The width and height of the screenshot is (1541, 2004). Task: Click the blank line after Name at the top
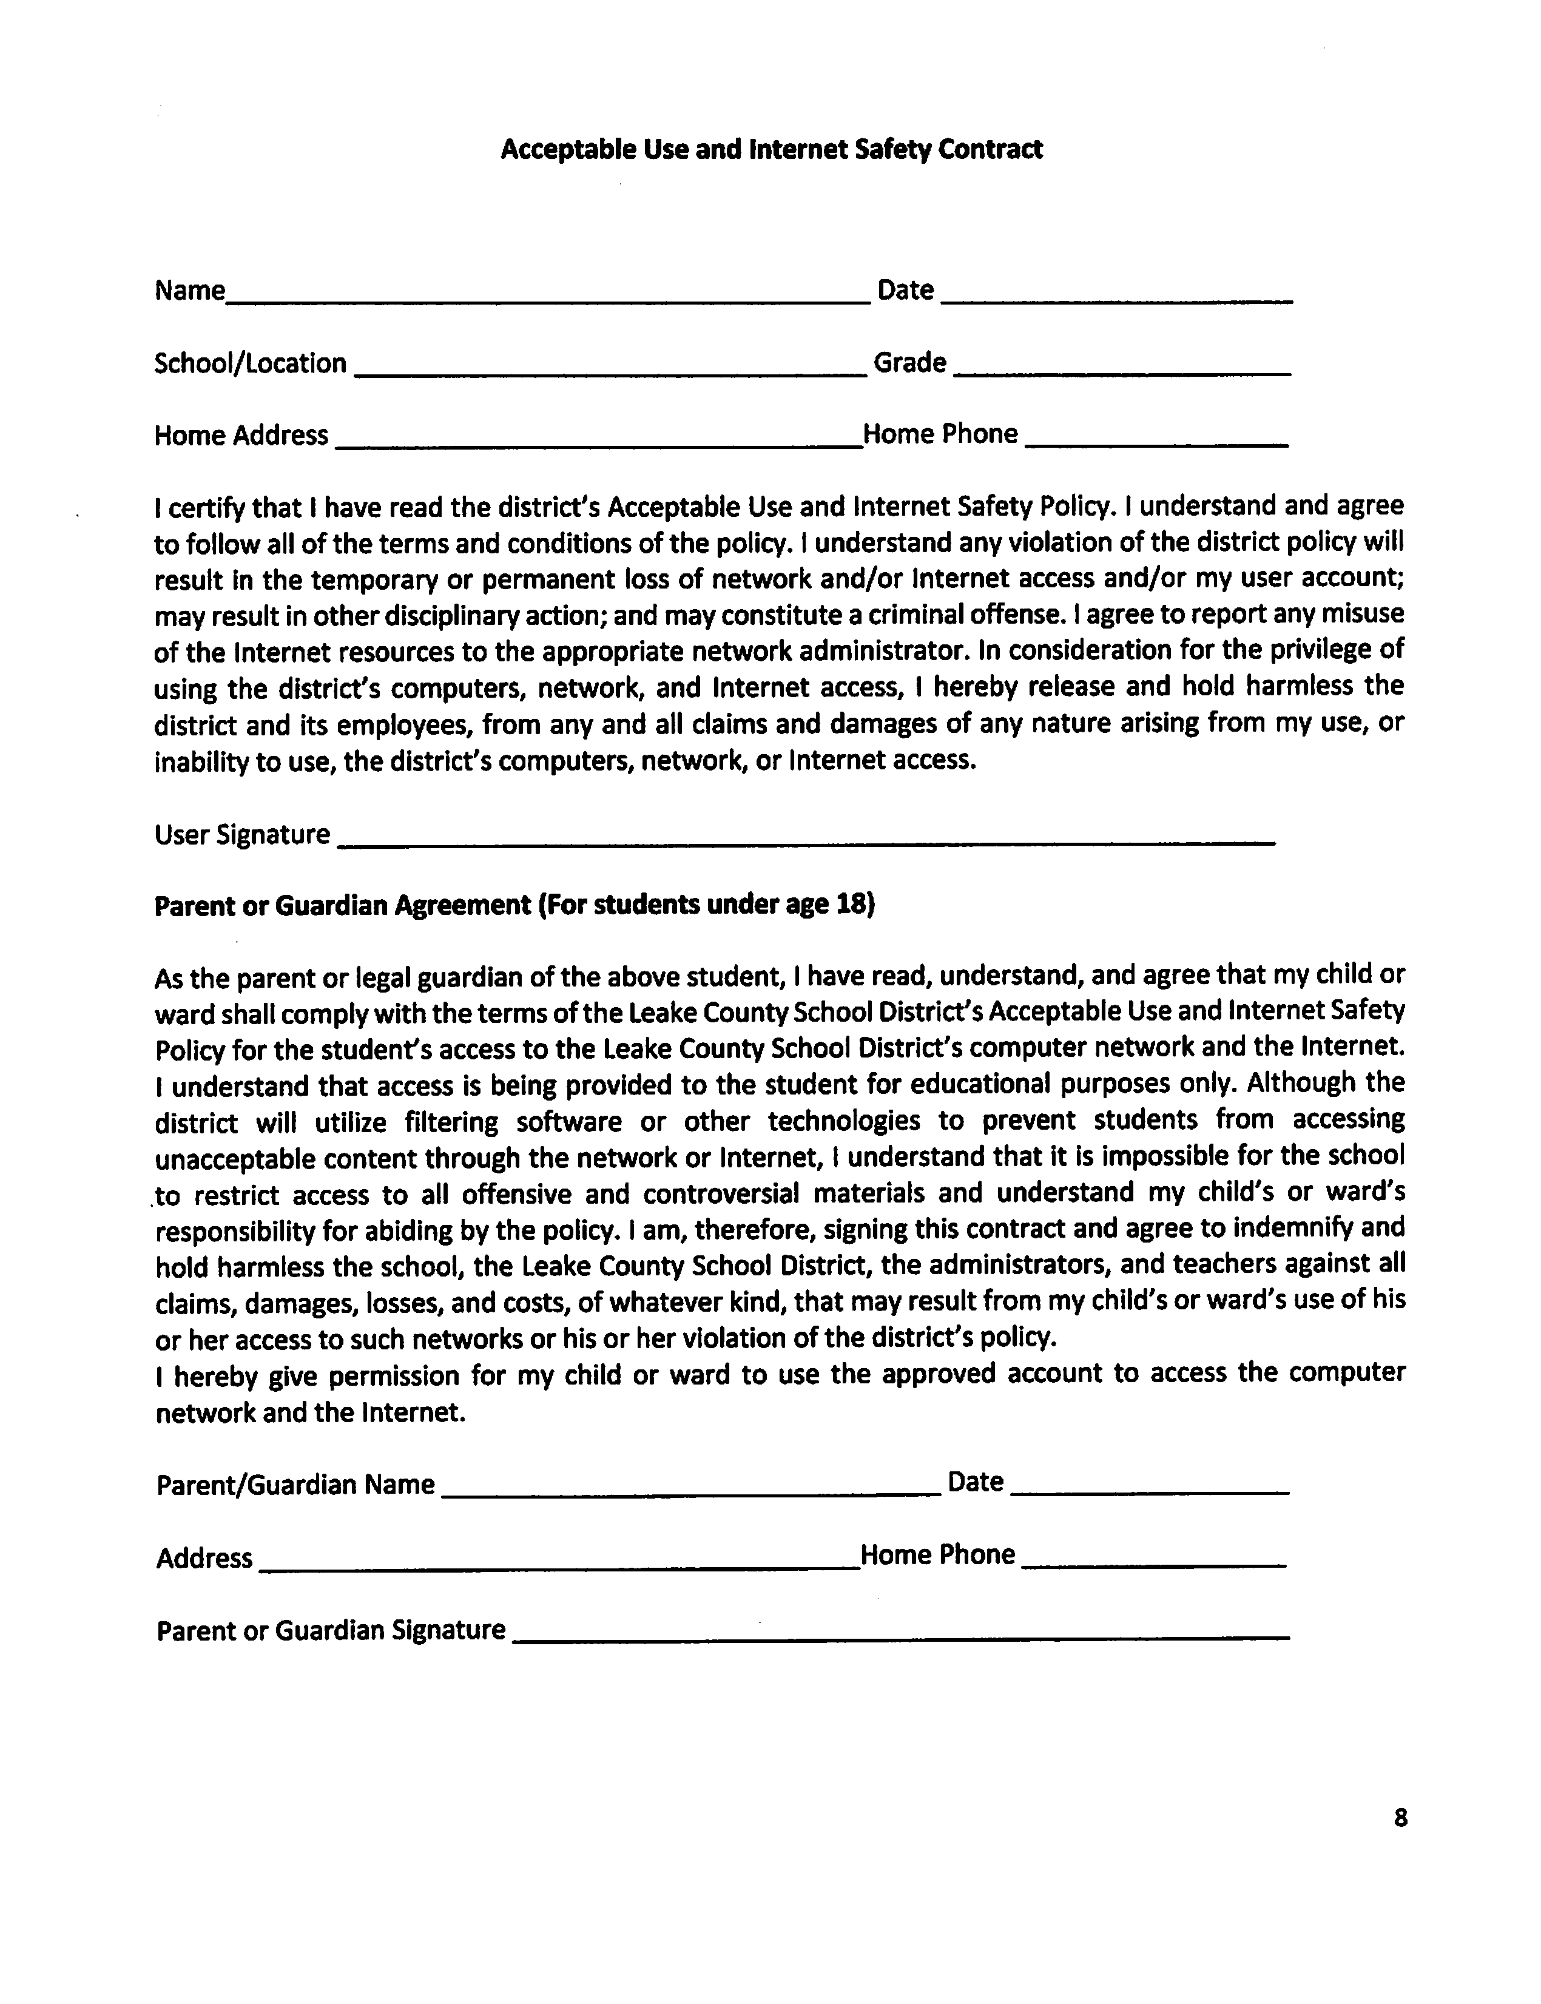pos(548,295)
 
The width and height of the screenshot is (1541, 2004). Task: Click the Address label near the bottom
pos(204,1558)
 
